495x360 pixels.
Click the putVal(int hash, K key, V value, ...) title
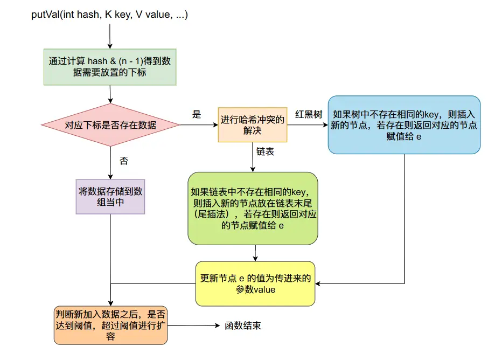point(109,15)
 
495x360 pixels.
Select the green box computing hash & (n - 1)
point(110,67)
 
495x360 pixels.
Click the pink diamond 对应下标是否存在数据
point(110,125)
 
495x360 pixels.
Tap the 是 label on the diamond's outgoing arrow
point(197,115)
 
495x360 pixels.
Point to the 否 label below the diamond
point(123,161)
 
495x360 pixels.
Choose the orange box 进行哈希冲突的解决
point(253,125)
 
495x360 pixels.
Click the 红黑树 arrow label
point(309,115)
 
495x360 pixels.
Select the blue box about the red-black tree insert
point(404,125)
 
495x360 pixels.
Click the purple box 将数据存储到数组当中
point(110,197)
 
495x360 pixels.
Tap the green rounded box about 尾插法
point(253,209)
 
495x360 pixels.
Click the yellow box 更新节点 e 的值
point(255,283)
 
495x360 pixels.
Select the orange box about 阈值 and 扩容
point(110,326)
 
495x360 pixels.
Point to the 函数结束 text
point(242,326)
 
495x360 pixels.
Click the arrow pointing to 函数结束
point(194,326)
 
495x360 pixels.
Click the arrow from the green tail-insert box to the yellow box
point(255,253)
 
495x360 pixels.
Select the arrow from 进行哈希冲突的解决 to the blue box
point(308,125)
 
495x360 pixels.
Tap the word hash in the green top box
point(97,61)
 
